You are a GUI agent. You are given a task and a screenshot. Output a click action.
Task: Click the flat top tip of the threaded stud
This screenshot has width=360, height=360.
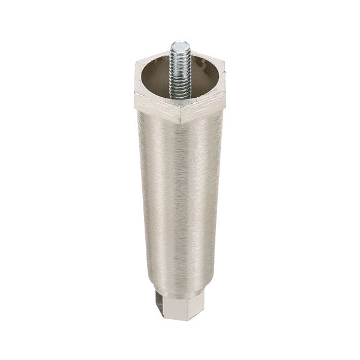179,44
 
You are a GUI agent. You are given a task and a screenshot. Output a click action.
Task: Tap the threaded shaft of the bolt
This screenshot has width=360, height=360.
179,69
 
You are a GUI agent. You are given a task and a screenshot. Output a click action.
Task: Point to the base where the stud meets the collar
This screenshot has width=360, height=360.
179,96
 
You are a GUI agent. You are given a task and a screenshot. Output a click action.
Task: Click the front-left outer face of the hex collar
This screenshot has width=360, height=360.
156,108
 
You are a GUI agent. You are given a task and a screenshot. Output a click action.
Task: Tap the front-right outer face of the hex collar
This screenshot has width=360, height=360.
204,108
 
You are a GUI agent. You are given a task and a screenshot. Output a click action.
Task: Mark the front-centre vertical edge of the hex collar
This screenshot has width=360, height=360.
180,114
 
